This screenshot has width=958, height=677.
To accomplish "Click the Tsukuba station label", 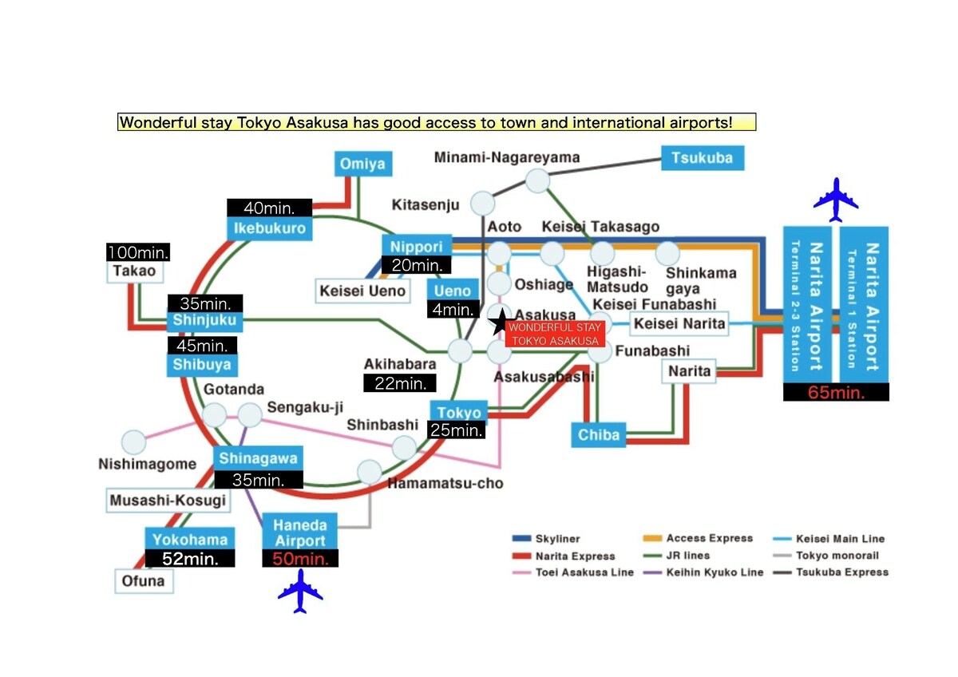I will [x=702, y=157].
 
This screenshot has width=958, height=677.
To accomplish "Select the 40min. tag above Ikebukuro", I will [x=269, y=208].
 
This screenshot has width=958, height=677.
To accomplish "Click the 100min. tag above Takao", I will [x=138, y=252].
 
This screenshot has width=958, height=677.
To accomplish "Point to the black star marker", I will [x=500, y=323].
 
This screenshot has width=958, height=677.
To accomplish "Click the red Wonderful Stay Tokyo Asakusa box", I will [x=555, y=335].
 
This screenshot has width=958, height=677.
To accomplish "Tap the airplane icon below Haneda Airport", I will [x=300, y=591].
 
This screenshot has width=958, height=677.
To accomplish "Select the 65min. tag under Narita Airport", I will [x=836, y=392].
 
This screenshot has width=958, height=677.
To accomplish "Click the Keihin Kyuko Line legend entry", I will [x=703, y=572].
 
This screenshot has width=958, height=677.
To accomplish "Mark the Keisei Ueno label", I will [x=362, y=291].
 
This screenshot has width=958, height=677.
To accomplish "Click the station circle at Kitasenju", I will [x=482, y=203].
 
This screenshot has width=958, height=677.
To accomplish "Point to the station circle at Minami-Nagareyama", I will [x=537, y=180].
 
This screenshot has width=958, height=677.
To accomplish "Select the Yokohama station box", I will [x=191, y=539].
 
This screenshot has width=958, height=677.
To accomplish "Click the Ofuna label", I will [x=144, y=580].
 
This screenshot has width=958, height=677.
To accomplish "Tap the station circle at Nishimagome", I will [x=134, y=442].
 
